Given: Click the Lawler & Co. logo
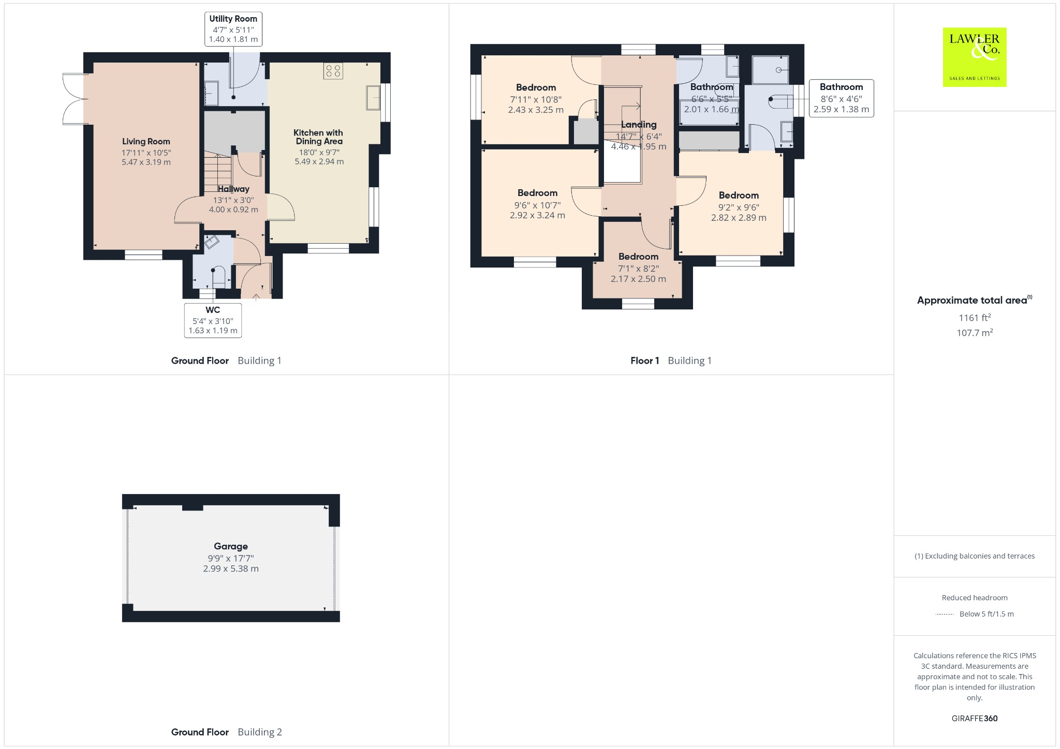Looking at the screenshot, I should [x=974, y=57].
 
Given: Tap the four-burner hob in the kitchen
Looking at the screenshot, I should [x=333, y=71].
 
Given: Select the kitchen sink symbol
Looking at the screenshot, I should [x=373, y=97].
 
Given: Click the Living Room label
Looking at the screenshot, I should [x=146, y=141].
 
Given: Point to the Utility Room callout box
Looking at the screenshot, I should [x=233, y=29].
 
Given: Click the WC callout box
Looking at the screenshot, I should [x=213, y=320].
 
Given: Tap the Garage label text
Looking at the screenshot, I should [x=231, y=546].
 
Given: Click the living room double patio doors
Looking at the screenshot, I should [x=74, y=99].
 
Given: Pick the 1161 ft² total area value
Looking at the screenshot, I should [x=974, y=318].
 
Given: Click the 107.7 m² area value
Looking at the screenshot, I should [x=974, y=333].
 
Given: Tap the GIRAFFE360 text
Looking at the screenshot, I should [x=974, y=718].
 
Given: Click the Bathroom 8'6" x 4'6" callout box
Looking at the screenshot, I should [x=841, y=98].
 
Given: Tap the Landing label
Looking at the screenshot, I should [x=639, y=125].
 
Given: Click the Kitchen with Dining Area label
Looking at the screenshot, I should [x=319, y=137].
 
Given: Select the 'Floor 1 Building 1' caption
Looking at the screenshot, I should [x=671, y=361].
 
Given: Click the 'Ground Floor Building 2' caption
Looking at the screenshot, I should [x=226, y=732].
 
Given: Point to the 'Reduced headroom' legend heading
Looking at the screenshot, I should [x=974, y=597].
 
